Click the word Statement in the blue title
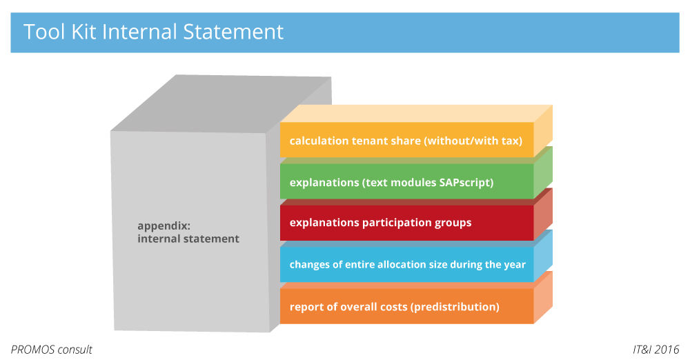233,32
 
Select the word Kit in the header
83,32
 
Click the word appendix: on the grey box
164,226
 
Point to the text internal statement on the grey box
188,239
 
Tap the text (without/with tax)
473,141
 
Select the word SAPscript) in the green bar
466,183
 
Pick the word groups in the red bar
453,223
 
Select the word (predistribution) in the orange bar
455,307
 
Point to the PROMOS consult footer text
52,350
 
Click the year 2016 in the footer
667,350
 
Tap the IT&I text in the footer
642,350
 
